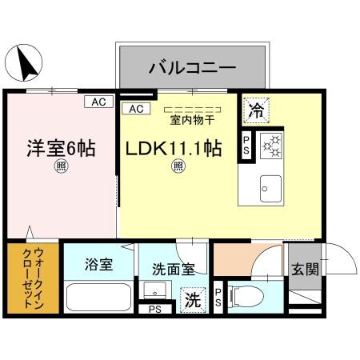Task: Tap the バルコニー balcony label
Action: click(x=192, y=67)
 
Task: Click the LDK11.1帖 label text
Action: click(x=171, y=148)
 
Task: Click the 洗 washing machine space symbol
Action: click(x=193, y=300)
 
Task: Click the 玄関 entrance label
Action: click(x=305, y=270)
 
